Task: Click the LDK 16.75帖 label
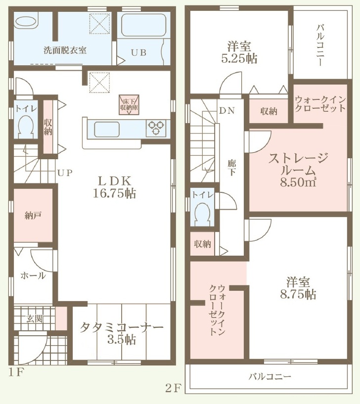pyautogui.click(x=114, y=187)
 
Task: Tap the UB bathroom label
pyautogui.click(x=138, y=52)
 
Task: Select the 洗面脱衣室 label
pyautogui.click(x=65, y=50)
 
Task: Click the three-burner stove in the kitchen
pyautogui.click(x=155, y=128)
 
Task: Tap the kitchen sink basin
pyautogui.click(x=107, y=130)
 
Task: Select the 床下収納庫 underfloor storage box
pyautogui.click(x=129, y=105)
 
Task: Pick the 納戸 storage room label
pyautogui.click(x=33, y=216)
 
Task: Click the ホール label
pyautogui.click(x=33, y=276)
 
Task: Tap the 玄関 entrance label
pyautogui.click(x=35, y=319)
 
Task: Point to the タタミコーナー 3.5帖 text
pyautogui.click(x=121, y=333)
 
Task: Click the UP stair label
pyautogui.click(x=65, y=173)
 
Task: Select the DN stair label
pyautogui.click(x=227, y=111)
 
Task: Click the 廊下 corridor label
pyautogui.click(x=231, y=168)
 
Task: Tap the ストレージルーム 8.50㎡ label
pyautogui.click(x=298, y=170)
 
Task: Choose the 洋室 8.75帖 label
pyautogui.click(x=298, y=288)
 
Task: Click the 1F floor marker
pyautogui.click(x=16, y=372)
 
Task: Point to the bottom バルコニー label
pyautogui.click(x=270, y=377)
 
